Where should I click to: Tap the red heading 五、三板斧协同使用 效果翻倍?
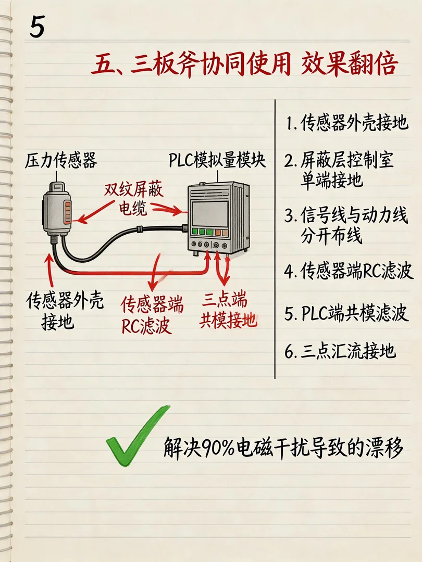(245, 65)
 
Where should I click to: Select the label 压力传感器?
(61, 160)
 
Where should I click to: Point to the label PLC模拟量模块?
(217, 160)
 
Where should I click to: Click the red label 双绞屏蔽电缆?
(133, 199)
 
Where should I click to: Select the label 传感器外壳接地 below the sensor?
(65, 311)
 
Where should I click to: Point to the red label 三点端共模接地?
(228, 310)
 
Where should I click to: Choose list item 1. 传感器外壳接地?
(347, 123)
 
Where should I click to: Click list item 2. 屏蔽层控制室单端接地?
(339, 170)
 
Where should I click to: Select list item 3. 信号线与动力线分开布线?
(346, 225)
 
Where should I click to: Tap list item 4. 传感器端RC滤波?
(349, 271)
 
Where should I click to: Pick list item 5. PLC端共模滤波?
(346, 313)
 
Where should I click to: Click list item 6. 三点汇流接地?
(340, 351)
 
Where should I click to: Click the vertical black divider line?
(275, 239)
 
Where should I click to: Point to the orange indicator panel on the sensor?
(67, 212)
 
